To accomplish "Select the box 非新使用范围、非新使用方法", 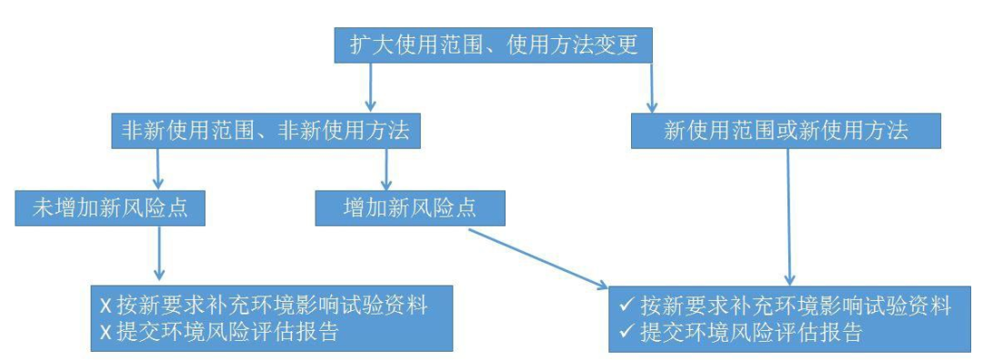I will tap(265, 131).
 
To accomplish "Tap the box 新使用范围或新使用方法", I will tap(786, 131).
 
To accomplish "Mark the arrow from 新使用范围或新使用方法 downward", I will tap(788, 215).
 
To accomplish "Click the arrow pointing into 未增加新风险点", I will tap(160, 169).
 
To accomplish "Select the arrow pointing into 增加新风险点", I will tap(388, 169).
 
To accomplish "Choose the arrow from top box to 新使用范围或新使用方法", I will tap(651, 88).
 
